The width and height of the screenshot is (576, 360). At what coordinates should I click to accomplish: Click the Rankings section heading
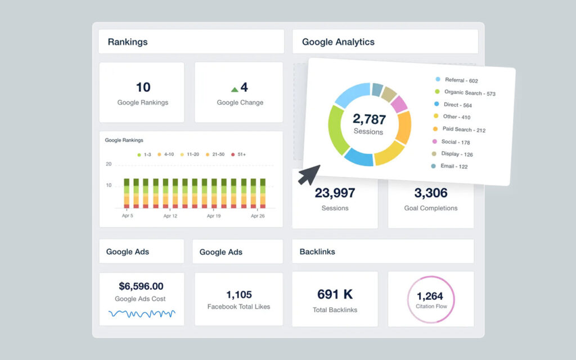pyautogui.click(x=128, y=42)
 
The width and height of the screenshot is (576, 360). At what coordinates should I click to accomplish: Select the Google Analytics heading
pyautogui.click(x=338, y=42)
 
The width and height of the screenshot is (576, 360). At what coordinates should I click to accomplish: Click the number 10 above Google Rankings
pyautogui.click(x=143, y=87)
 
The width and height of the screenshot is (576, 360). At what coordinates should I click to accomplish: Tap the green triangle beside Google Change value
pyautogui.click(x=235, y=89)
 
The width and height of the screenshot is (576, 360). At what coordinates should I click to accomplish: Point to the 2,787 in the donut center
pyautogui.click(x=369, y=119)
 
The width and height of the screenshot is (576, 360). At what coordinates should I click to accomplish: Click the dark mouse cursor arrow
pyautogui.click(x=308, y=174)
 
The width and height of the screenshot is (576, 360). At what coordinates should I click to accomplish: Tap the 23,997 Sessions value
pyautogui.click(x=335, y=193)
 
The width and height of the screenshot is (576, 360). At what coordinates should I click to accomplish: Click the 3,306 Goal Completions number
pyautogui.click(x=431, y=193)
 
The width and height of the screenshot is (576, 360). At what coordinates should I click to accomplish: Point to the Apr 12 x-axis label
pyautogui.click(x=170, y=215)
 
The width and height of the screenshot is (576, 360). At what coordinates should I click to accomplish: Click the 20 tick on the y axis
pyautogui.click(x=109, y=164)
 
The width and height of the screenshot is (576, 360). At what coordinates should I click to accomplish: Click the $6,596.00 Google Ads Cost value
pyautogui.click(x=141, y=286)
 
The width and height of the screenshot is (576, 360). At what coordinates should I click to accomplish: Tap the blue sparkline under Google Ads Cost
pyautogui.click(x=142, y=313)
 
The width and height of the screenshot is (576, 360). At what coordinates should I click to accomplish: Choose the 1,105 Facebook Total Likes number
pyautogui.click(x=238, y=295)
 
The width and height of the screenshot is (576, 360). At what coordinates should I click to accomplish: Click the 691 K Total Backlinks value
pyautogui.click(x=335, y=294)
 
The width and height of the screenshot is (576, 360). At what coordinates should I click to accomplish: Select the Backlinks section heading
pyautogui.click(x=317, y=251)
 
